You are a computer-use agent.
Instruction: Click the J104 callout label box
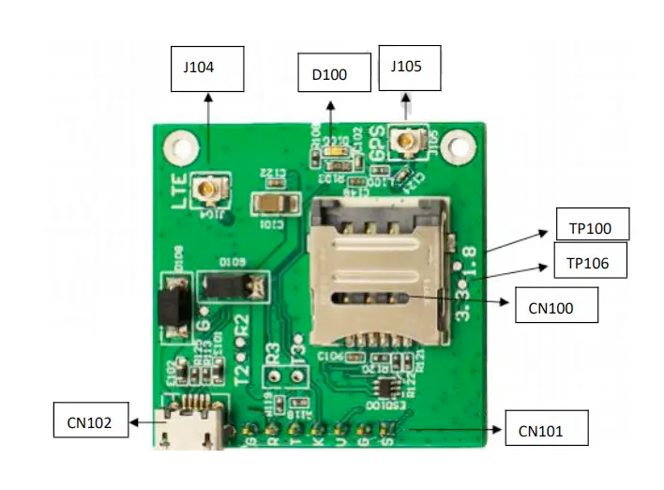207,69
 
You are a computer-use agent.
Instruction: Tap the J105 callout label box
408,68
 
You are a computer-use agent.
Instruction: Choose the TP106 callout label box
589,264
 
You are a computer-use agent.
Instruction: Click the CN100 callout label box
556,306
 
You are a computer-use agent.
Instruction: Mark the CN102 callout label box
89,422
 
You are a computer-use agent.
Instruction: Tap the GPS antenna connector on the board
408,143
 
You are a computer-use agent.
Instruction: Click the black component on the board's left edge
172,306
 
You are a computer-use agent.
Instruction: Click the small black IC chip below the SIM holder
385,389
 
